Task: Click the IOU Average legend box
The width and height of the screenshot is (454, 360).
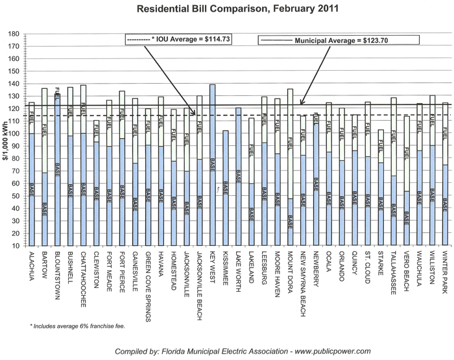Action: coord(179,40)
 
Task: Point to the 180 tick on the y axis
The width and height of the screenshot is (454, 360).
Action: coord(12,34)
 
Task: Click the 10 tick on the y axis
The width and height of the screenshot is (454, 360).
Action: coord(14,246)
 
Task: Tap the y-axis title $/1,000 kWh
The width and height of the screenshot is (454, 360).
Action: coord(5,140)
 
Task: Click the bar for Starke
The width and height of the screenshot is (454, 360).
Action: coord(381,188)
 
